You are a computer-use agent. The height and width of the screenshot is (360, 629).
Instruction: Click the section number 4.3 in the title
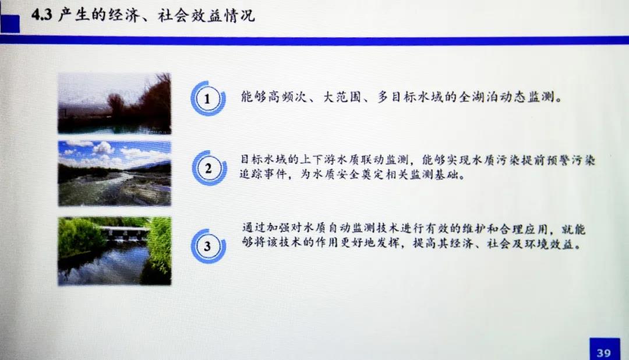click(x=42, y=15)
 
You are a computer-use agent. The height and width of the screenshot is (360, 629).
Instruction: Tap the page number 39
click(x=604, y=353)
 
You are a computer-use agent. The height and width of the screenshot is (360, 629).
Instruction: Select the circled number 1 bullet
click(x=208, y=98)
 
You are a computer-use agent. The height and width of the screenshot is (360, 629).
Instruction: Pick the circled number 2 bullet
click(x=208, y=168)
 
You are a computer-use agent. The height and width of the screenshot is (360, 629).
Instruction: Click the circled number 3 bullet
click(x=208, y=246)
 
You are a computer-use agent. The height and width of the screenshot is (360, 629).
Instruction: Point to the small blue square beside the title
click(x=10, y=23)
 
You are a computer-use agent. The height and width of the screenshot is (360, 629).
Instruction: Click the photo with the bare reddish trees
click(x=114, y=103)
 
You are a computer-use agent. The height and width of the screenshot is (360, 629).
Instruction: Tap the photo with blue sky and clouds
click(x=114, y=174)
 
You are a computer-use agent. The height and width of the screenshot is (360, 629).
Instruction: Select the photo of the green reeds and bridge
click(x=114, y=251)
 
